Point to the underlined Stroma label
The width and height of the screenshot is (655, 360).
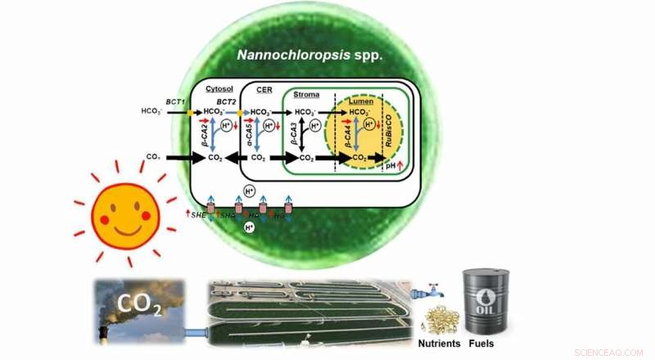[x=306, y=96]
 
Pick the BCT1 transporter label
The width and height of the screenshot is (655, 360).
[x=178, y=97]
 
